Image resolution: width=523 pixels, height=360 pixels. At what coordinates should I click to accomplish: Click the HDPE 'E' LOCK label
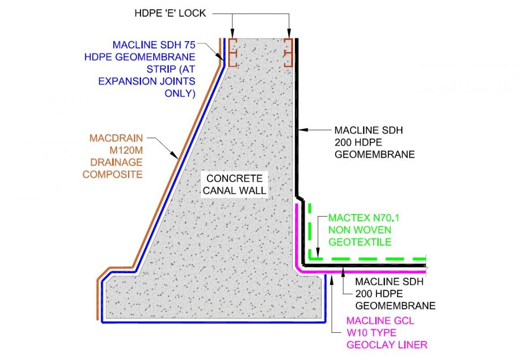point(170,13)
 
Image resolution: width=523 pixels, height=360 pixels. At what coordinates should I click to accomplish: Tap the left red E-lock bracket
point(232,52)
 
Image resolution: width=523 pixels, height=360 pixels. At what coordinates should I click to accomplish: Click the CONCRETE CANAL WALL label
point(234,184)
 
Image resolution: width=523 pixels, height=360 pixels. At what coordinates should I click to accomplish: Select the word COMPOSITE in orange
point(112,174)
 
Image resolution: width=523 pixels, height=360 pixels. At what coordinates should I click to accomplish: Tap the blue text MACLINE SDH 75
point(154,45)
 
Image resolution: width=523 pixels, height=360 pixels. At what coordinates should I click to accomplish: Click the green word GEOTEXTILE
point(360,242)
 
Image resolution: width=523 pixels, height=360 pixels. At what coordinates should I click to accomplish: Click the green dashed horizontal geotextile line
point(372,259)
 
